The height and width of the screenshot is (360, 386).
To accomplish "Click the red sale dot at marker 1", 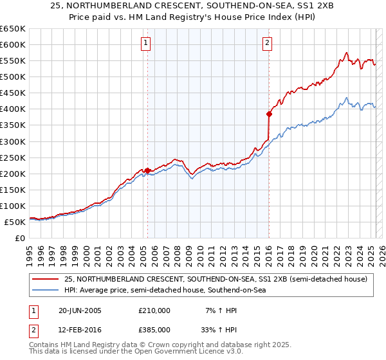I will pos(147,170).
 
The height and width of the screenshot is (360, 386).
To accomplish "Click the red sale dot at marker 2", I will pos(269,114).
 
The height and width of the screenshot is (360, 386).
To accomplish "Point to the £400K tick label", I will pos(13,109).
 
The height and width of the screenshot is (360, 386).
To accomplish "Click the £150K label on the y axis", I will pos(13,190).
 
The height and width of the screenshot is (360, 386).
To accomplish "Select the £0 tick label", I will pos(20,238).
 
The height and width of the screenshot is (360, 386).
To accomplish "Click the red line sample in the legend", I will pos(46,280).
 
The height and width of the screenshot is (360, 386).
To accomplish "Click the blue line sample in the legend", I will pos(46,291).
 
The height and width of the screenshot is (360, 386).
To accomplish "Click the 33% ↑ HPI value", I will pos(217,330).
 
